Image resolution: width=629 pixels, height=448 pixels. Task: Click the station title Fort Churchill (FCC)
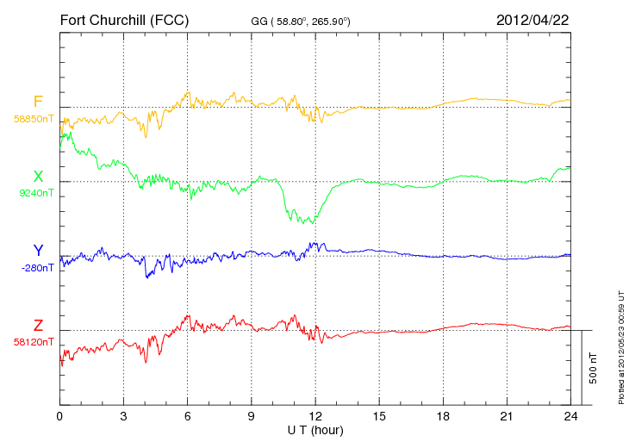pos(124,19)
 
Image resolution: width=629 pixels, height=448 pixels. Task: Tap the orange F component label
pos(38,102)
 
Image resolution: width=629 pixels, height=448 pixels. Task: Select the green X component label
pos(38,177)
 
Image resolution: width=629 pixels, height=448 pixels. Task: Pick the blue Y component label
pos(38,251)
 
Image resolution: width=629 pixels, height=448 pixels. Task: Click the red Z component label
pos(38,325)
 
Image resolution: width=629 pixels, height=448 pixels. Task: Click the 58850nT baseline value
pos(34,118)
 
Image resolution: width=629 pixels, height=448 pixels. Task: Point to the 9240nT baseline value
pos(36,193)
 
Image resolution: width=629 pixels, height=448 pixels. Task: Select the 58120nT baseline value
pos(34,341)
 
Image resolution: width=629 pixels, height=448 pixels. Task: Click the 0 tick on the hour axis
pos(59,417)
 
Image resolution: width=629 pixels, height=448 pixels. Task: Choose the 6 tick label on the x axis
pos(188,417)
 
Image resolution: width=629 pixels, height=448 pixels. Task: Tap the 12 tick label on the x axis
pos(315,417)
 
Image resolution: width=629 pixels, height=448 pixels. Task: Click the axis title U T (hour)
pos(315,430)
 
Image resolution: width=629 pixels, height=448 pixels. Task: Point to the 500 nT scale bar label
pos(594,368)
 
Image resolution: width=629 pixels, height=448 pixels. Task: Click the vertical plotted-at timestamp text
pos(620,345)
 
